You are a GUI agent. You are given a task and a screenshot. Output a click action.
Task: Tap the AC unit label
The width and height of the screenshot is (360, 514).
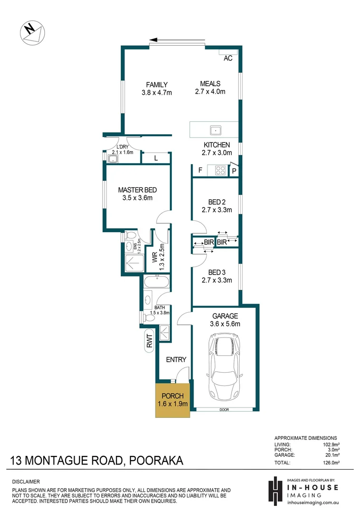point(228,58)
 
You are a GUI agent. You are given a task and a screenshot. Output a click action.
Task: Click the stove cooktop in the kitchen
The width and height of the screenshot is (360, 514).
point(220,169)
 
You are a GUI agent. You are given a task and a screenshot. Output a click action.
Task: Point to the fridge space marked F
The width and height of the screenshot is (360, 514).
point(200,170)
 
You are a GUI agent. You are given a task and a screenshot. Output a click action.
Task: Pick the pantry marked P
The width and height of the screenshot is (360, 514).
point(234,170)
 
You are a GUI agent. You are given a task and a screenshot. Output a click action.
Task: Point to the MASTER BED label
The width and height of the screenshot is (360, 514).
point(137,190)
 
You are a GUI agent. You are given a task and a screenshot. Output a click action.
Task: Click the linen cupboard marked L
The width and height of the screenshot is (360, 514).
point(156,158)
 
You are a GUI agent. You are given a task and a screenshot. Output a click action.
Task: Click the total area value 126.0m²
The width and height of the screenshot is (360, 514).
point(327,462)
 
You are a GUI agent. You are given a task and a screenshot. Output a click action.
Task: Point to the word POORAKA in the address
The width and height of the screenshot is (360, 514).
point(155,461)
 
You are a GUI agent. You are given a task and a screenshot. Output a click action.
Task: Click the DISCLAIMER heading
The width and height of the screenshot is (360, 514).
point(27,481)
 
